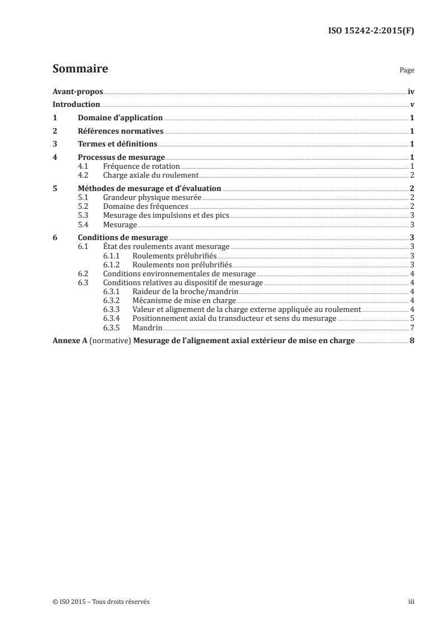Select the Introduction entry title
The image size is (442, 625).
[76, 104]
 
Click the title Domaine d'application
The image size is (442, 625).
[120, 118]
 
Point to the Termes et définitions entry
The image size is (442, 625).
[117, 144]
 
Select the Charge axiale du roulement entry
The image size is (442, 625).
[139, 174]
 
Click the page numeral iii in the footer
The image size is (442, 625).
[411, 602]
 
